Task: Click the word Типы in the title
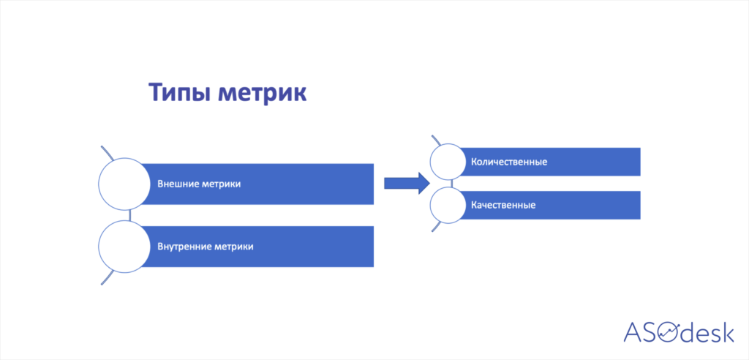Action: point(179,93)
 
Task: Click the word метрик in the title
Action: point(263,93)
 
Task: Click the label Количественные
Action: point(509,162)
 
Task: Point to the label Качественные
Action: point(503,205)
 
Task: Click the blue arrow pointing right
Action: point(407,183)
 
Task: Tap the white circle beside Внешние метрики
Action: point(124,184)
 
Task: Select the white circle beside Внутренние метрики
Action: point(124,247)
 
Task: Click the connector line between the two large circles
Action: point(129,216)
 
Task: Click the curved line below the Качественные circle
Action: point(435,227)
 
